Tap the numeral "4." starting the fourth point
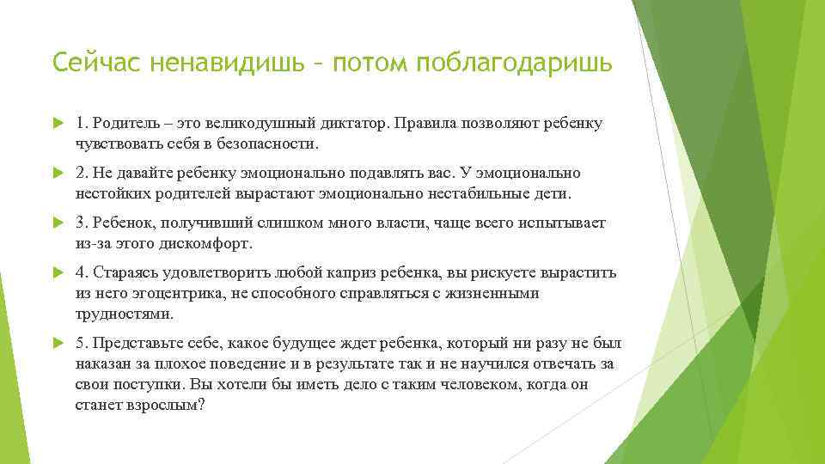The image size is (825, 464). click(82, 273)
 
